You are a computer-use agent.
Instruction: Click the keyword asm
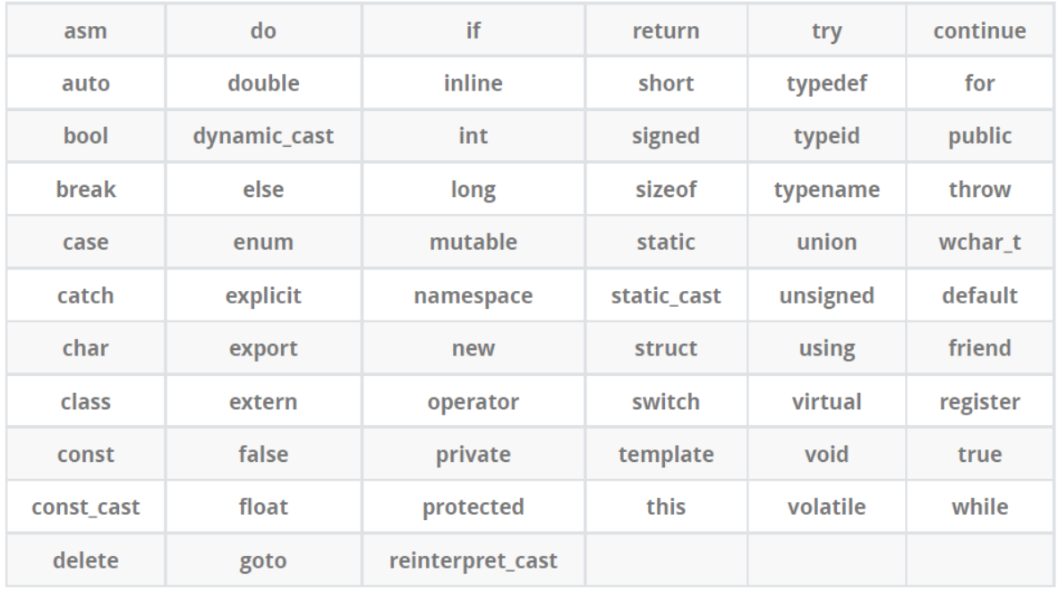click(x=87, y=32)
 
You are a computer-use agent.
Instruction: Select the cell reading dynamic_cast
click(x=264, y=137)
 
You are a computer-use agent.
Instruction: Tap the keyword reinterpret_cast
click(x=474, y=561)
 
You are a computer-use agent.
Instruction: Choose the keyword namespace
click(x=474, y=296)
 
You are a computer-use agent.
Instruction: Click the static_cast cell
click(x=665, y=296)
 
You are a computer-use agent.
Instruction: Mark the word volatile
click(x=828, y=508)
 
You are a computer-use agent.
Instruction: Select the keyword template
click(x=665, y=455)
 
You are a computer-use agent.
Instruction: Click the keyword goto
click(x=264, y=561)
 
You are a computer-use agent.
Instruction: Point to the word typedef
click(x=828, y=85)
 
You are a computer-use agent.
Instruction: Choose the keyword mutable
click(x=474, y=243)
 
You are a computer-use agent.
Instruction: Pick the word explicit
click(x=264, y=296)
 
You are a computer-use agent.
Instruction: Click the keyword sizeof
click(x=665, y=191)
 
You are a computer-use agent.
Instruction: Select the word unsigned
click(x=828, y=296)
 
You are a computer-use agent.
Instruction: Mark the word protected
click(x=474, y=508)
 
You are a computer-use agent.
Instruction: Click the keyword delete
click(x=87, y=561)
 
